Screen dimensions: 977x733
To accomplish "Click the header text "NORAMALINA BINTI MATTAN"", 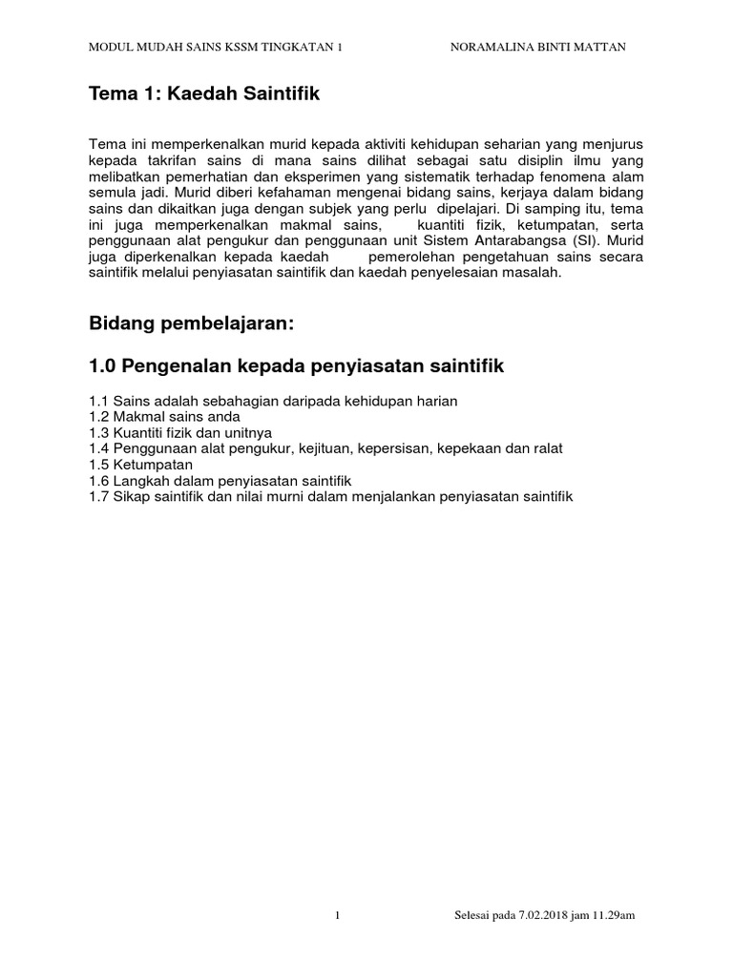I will [x=537, y=47].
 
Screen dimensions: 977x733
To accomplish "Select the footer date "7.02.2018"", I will [x=538, y=916].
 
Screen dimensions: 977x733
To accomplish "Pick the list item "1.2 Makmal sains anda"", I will [x=164, y=417].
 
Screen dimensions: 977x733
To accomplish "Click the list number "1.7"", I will [x=98, y=494].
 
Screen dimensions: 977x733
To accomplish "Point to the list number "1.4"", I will [x=98, y=447].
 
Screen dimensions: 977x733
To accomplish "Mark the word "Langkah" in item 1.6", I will [x=139, y=479].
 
